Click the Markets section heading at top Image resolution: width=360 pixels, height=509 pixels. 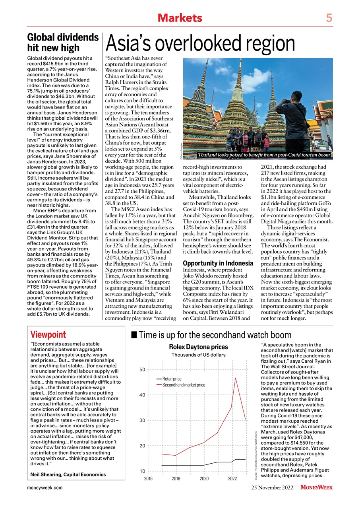click(x=180, y=18)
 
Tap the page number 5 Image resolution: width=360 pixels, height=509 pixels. click(x=329, y=18)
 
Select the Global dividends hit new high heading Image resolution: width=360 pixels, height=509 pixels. click(x=63, y=42)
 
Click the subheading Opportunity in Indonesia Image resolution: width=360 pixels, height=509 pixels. click(x=218, y=263)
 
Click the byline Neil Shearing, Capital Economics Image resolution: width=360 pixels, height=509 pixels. click(x=68, y=474)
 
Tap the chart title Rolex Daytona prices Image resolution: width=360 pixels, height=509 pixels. click(x=198, y=347)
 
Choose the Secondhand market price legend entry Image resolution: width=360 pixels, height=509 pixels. click(x=183, y=385)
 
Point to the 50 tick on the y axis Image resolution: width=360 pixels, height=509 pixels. click(x=142, y=369)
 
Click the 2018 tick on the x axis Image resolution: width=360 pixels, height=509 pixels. click(x=176, y=478)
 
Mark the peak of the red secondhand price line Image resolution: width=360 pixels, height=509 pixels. click(x=236, y=378)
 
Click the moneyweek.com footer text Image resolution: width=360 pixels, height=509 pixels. click(x=45, y=487)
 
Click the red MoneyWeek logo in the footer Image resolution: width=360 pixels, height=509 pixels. click(x=316, y=487)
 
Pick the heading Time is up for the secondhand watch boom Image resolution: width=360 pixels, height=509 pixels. click(x=215, y=335)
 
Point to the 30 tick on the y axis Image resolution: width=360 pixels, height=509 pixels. click(x=142, y=420)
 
